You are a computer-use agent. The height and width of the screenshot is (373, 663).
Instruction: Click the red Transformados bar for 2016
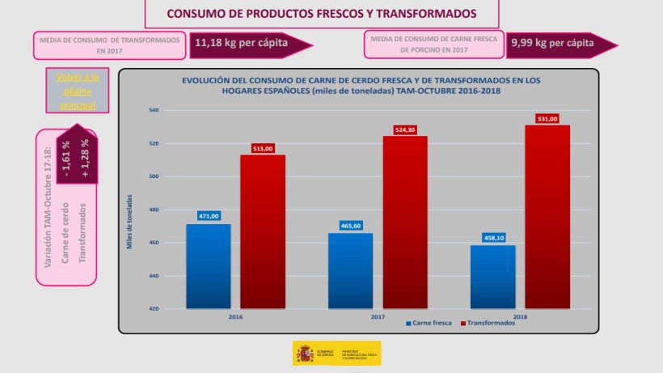pos(262,231)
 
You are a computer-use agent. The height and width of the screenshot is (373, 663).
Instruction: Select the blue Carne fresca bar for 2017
pos(350,271)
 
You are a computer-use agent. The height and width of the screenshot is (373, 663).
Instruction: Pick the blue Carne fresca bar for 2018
pos(492,277)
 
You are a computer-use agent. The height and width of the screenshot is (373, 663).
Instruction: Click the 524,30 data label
pos(405,129)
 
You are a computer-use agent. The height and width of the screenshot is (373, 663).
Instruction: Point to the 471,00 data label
pos(209,217)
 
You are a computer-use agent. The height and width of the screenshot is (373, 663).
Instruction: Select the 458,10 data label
pos(492,238)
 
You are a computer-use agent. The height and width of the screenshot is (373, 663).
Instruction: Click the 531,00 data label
pos(547,118)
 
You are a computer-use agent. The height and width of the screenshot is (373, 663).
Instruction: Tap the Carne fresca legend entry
pos(429,322)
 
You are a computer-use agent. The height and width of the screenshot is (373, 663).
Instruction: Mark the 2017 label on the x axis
pos(378,316)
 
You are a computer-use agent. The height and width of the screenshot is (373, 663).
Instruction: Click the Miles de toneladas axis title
pos(129,220)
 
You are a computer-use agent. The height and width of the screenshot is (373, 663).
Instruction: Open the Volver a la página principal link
pos(78,91)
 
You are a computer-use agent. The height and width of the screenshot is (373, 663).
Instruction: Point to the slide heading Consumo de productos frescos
pos(321,14)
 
